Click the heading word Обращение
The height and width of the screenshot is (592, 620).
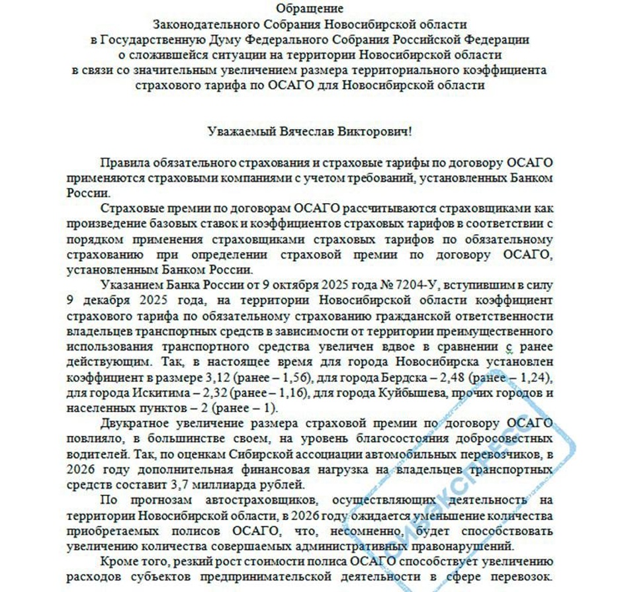310,9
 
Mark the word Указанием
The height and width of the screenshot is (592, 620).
127,285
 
